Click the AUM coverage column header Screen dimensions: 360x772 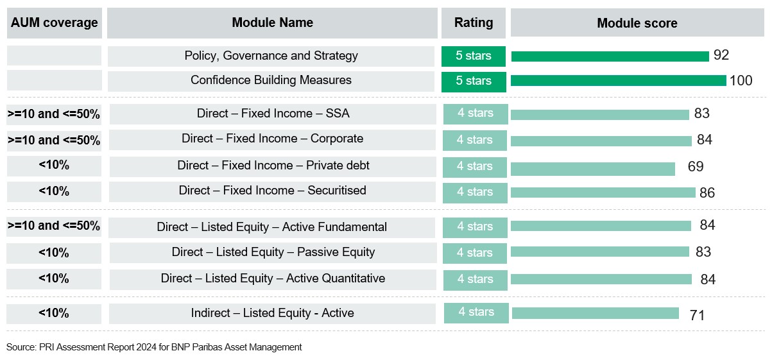coord(54,23)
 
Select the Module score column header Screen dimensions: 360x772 coord(637,24)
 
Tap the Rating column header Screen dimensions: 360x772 coord(474,23)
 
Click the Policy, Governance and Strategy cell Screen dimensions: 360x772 coord(271,56)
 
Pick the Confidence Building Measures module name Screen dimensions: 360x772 coord(271,80)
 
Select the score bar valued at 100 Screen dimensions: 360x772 coord(618,81)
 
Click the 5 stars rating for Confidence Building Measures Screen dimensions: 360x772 coord(474,81)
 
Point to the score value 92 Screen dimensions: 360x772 coord(721,55)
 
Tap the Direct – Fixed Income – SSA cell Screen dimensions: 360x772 coord(273,114)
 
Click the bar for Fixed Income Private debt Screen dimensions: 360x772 coord(593,168)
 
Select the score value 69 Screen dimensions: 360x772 coord(696,167)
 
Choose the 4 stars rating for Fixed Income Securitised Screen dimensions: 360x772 coord(475,192)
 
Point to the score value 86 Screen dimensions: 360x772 coord(707,193)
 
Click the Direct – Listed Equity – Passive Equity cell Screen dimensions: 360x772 coord(273,252)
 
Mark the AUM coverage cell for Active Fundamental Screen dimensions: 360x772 coord(54,226)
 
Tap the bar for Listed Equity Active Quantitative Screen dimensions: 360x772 coord(601,279)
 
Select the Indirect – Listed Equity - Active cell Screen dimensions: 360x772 coord(272,313)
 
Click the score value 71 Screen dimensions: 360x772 coord(697,315)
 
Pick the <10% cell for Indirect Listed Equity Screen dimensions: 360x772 coord(54,313)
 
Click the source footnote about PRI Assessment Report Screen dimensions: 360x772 coord(154,347)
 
